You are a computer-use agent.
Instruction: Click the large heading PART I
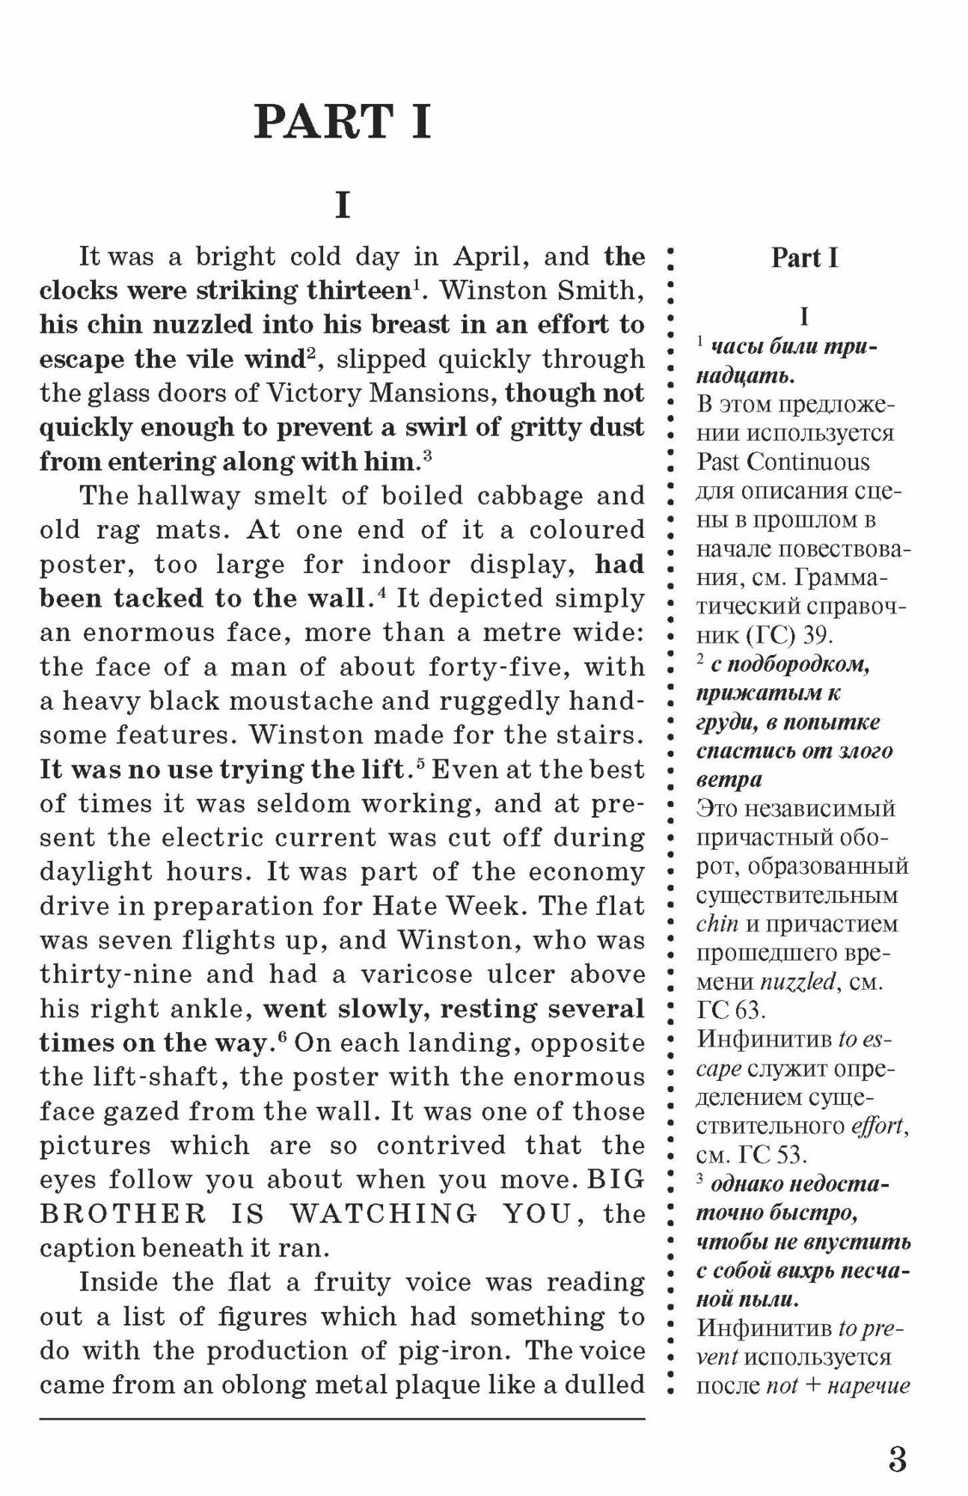click(x=343, y=122)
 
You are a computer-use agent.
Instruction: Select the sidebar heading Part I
click(x=804, y=258)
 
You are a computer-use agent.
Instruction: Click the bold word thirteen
click(x=358, y=291)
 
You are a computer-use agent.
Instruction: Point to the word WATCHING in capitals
click(x=383, y=1214)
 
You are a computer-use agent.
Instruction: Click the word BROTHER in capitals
click(x=123, y=1214)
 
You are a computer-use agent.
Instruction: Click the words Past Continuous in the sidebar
click(x=783, y=462)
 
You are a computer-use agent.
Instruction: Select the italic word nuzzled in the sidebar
click(x=797, y=981)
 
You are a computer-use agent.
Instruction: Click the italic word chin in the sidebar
click(x=717, y=925)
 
